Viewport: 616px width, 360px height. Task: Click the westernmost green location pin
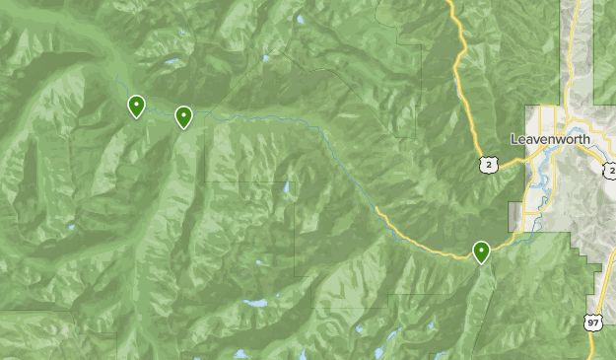coord(137,106)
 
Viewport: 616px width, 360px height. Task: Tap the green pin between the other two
coord(183,117)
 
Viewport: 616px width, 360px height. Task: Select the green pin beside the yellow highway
coord(481,252)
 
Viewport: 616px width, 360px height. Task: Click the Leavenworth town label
coord(549,139)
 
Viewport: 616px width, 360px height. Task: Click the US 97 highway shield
coord(591,323)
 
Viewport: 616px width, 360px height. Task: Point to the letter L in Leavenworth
coord(515,139)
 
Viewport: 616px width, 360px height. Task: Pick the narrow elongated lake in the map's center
coord(287,186)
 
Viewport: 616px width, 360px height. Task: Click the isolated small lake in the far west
coord(72,228)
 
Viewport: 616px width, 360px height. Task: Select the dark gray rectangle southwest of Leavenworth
coord(514,216)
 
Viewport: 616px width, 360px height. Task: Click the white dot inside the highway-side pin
coord(481,250)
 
